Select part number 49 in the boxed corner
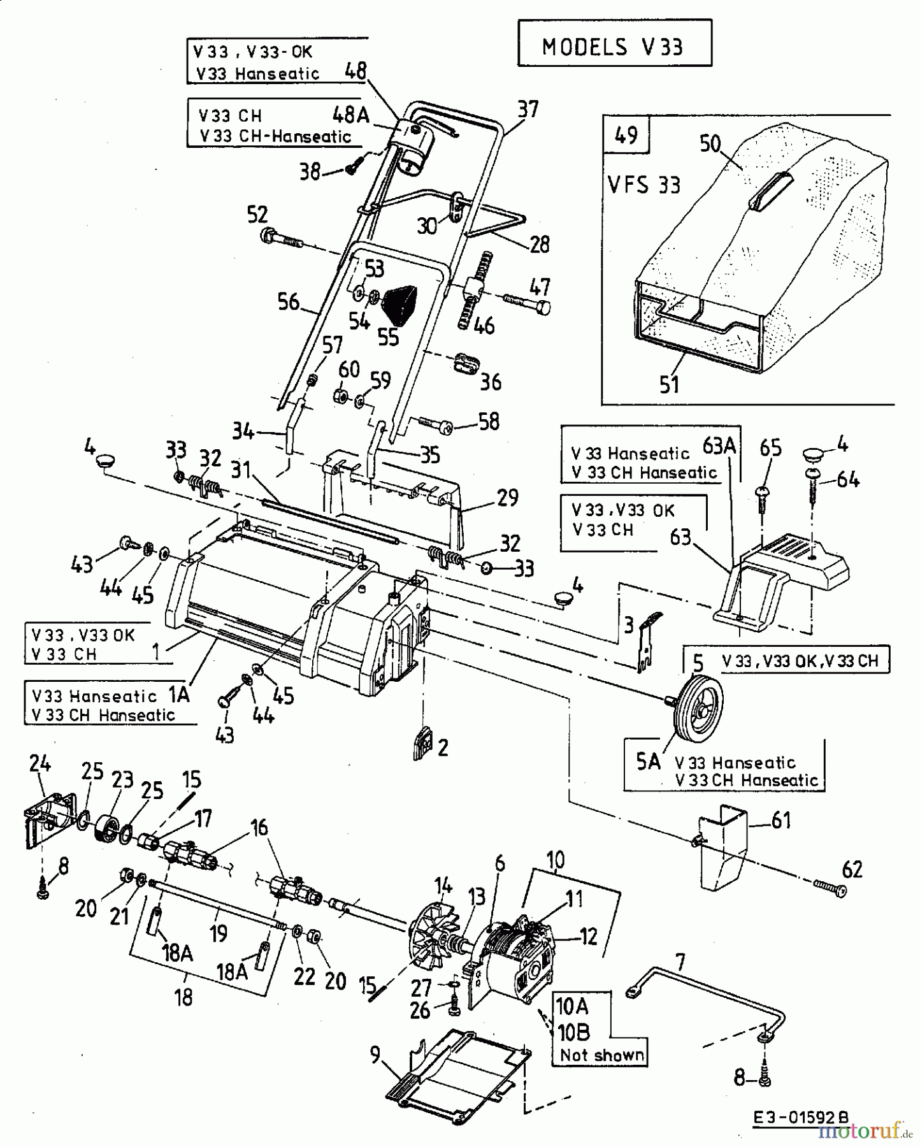pyautogui.click(x=626, y=135)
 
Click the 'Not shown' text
pyautogui.click(x=601, y=1055)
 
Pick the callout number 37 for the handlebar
pyautogui.click(x=528, y=110)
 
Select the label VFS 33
pyautogui.click(x=643, y=185)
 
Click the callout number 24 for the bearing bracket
pyautogui.click(x=40, y=763)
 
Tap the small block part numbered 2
pyautogui.click(x=422, y=743)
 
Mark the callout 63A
pyautogui.click(x=719, y=446)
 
